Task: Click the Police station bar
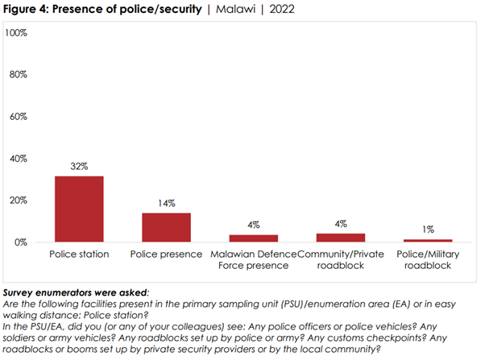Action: click(x=79, y=209)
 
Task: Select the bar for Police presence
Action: click(x=166, y=227)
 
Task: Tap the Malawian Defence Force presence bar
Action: click(x=253, y=238)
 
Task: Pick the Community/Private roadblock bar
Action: click(x=341, y=238)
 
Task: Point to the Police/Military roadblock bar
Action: click(x=428, y=240)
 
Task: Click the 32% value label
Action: click(x=79, y=168)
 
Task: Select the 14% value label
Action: click(x=166, y=205)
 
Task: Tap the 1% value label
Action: click(x=428, y=231)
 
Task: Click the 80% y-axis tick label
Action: click(x=19, y=74)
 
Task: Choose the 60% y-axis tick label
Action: click(x=19, y=116)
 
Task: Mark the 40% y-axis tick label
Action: click(x=19, y=158)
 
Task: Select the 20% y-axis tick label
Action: click(x=19, y=200)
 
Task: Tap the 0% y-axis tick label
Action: click(x=21, y=242)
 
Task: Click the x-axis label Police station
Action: click(x=79, y=254)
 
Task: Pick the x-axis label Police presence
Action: click(x=166, y=254)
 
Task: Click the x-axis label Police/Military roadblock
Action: click(x=428, y=260)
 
